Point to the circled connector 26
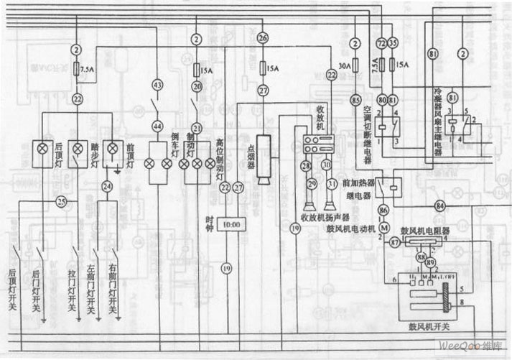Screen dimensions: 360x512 [x=263, y=37]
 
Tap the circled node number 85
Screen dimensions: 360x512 [x=356, y=99]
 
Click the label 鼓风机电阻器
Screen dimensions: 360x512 [x=424, y=231]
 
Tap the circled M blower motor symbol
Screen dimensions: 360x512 [x=383, y=228]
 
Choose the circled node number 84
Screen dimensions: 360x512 [x=440, y=207]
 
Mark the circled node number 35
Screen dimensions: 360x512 [x=392, y=44]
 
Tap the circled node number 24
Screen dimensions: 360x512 [x=108, y=187]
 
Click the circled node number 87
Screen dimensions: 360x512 [x=394, y=243]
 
